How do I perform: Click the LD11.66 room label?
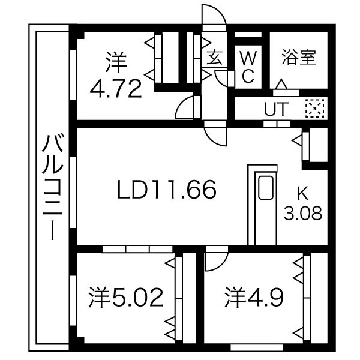click(166, 191)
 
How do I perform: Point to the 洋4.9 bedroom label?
click(254, 297)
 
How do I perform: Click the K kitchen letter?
click(303, 193)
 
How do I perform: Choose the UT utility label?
click(276, 109)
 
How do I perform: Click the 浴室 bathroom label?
click(298, 58)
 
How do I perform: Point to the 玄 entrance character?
click(214, 58)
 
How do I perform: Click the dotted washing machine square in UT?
click(314, 109)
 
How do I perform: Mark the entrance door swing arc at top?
click(214, 16)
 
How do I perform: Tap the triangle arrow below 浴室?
click(280, 85)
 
